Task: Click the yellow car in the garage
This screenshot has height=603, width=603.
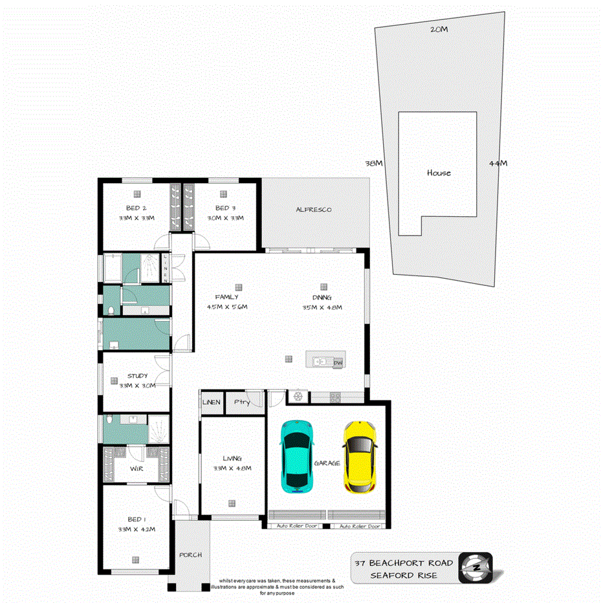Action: tap(360, 456)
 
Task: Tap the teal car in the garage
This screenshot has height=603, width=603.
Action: tap(298, 456)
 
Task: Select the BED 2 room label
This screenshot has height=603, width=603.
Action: tap(136, 208)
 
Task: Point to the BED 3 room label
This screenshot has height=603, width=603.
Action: tap(226, 208)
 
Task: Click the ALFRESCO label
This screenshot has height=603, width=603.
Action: tap(314, 210)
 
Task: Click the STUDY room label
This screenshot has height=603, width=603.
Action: tap(137, 376)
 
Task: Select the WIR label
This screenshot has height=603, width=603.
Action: tap(136, 467)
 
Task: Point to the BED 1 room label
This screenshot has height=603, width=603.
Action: tap(136, 520)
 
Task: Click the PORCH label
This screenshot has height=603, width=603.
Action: tap(192, 555)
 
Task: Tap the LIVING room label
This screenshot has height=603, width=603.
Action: tap(232, 458)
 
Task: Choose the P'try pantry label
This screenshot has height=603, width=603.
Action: tap(242, 402)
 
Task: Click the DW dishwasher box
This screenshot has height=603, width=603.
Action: tap(337, 363)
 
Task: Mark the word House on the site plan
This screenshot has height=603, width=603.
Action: tap(439, 173)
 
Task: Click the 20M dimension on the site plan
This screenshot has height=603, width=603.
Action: tap(439, 29)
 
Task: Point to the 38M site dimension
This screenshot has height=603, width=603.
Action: tap(374, 163)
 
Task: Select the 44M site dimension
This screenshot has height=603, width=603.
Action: tap(498, 163)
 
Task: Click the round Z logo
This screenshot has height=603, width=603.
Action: tap(476, 567)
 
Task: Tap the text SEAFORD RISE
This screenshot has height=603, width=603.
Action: tap(403, 575)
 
